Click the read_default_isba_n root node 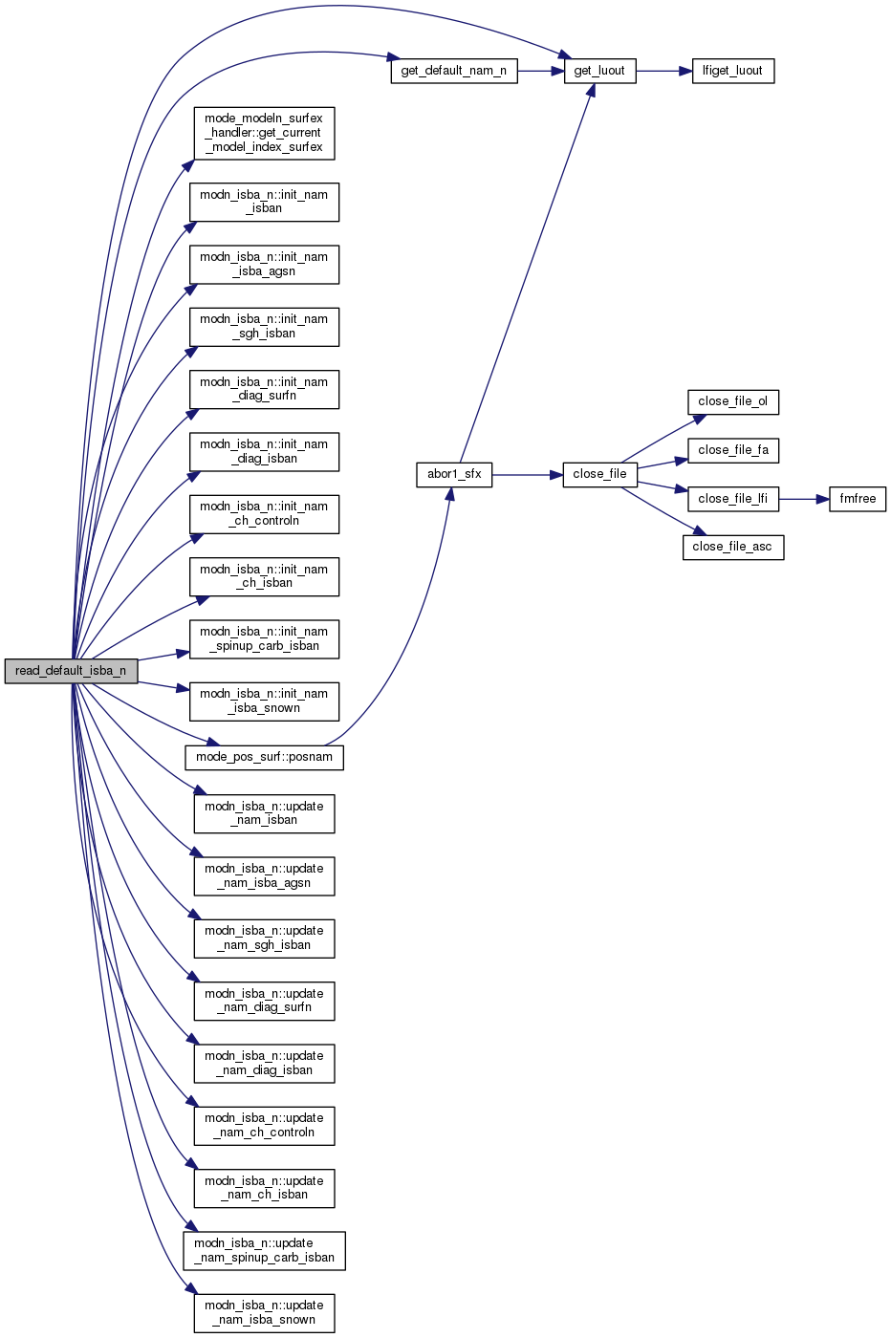[71, 671]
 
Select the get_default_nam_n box [454, 71]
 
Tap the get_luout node [599, 71]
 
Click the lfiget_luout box [732, 71]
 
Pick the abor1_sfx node [454, 474]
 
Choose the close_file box [599, 474]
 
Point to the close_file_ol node [732, 401]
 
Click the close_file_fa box [732, 450]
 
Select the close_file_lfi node [732, 499]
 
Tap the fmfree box [858, 499]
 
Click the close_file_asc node [732, 547]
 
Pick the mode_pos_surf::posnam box [264, 757]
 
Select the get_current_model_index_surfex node [264, 133]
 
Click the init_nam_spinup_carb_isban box [264, 638]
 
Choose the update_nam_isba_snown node [264, 1312]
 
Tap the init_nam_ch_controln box [264, 513]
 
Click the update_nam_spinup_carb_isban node [264, 1250]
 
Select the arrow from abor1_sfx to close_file [527, 474]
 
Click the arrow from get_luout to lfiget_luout [663, 71]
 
